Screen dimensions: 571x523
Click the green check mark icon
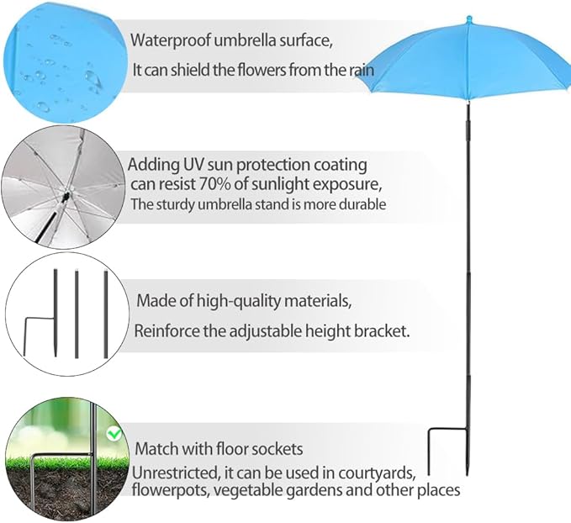point(114,433)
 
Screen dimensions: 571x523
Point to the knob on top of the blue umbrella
point(469,19)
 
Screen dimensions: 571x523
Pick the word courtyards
point(377,473)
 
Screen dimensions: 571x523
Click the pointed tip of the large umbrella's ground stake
point(467,474)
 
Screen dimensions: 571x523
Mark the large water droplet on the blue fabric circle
point(92,77)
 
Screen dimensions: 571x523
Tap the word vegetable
point(247,490)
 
